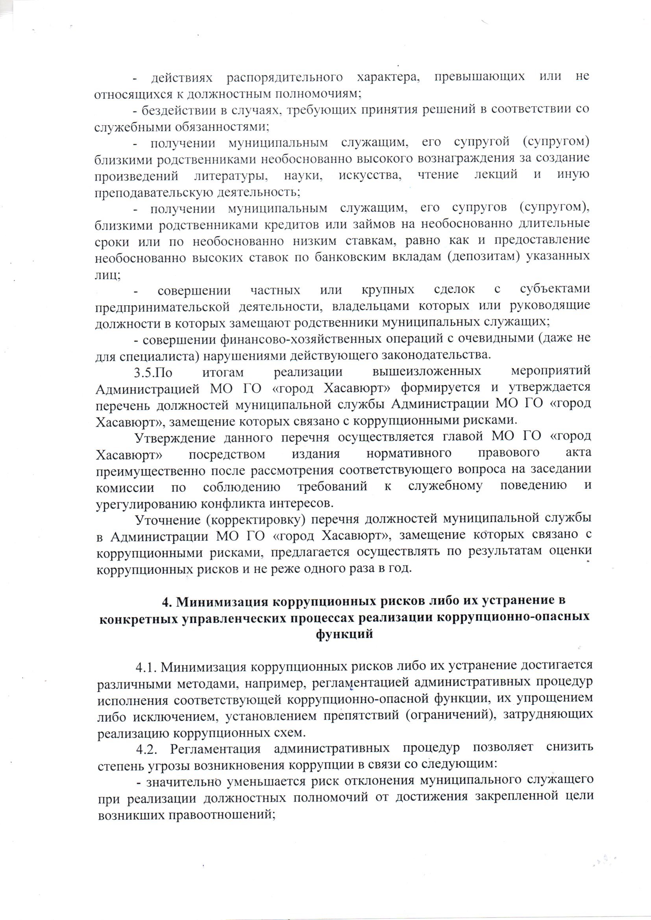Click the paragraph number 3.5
(144, 371)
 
